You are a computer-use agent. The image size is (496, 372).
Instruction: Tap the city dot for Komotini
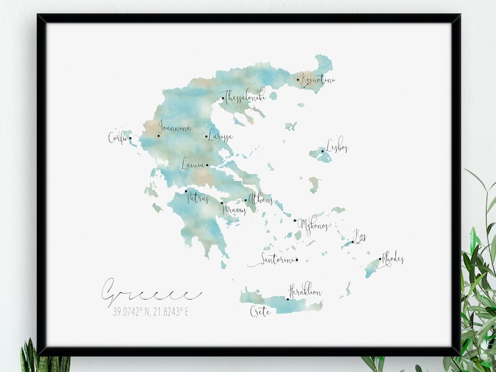tap(298, 79)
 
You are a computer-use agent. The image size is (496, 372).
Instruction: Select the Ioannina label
tap(174, 128)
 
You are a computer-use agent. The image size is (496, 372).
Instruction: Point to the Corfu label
tap(117, 137)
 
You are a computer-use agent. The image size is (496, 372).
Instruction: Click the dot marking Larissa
tap(207, 137)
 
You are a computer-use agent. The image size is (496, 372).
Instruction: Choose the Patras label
tap(197, 198)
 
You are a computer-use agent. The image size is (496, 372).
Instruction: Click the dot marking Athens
tap(246, 201)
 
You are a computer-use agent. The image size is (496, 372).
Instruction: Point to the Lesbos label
tap(337, 147)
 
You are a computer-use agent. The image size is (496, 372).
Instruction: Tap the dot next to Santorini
tap(297, 260)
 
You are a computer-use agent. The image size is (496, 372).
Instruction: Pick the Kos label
tap(360, 236)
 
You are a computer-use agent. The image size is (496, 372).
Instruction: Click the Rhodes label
tap(392, 258)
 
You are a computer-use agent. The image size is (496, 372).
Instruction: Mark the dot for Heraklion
tap(287, 299)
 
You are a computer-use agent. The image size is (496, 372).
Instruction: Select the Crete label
tap(260, 311)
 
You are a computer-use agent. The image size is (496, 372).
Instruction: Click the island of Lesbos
tap(320, 155)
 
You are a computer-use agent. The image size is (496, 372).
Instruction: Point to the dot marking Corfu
tap(130, 139)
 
